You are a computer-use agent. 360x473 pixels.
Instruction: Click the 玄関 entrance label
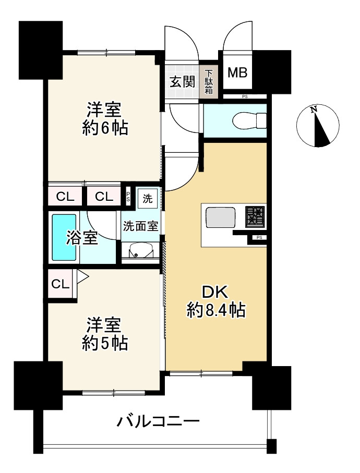182,81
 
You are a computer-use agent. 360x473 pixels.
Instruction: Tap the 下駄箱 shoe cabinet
208,81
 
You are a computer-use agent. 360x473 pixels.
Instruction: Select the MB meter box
237,72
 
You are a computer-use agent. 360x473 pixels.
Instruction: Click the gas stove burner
256,215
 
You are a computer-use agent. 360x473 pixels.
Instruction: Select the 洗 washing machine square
148,198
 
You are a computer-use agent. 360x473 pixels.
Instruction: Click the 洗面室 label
140,226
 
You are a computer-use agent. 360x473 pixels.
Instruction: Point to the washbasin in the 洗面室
139,251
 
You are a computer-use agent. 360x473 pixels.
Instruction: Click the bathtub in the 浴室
64,237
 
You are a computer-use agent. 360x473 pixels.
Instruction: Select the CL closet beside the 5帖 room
60,284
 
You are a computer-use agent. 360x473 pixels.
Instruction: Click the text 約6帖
105,128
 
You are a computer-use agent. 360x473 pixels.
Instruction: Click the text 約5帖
105,344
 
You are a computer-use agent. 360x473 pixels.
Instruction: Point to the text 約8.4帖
216,311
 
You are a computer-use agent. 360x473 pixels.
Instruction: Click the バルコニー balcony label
158,420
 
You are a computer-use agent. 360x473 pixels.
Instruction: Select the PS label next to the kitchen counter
259,238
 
